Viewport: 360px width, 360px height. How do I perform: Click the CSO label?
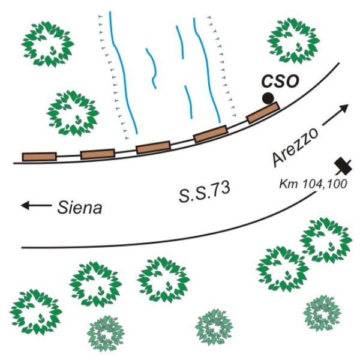[x=281, y=81]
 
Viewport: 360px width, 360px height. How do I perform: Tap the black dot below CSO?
[x=268, y=98]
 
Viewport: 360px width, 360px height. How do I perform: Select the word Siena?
[x=79, y=208]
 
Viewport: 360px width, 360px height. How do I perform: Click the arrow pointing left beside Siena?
[x=36, y=205]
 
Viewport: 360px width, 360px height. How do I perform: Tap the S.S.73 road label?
[x=205, y=192]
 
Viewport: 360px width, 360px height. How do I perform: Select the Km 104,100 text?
[x=313, y=184]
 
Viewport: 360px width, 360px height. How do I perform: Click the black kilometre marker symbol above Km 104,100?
[x=343, y=166]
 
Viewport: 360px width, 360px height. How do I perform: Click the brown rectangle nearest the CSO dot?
[x=263, y=113]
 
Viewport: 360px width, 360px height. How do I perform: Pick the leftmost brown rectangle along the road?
[x=39, y=157]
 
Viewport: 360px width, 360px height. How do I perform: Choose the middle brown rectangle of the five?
[x=153, y=148]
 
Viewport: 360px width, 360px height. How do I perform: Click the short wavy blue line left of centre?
[x=152, y=68]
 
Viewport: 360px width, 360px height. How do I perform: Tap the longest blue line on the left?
[x=123, y=73]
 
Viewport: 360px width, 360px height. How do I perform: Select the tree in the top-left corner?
[x=47, y=44]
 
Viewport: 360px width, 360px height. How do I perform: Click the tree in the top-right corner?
[x=293, y=41]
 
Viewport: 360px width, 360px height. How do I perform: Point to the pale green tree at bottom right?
[x=322, y=313]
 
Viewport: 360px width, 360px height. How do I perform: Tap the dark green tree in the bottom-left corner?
[x=36, y=312]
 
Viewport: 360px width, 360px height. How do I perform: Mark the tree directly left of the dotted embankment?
[x=73, y=113]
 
